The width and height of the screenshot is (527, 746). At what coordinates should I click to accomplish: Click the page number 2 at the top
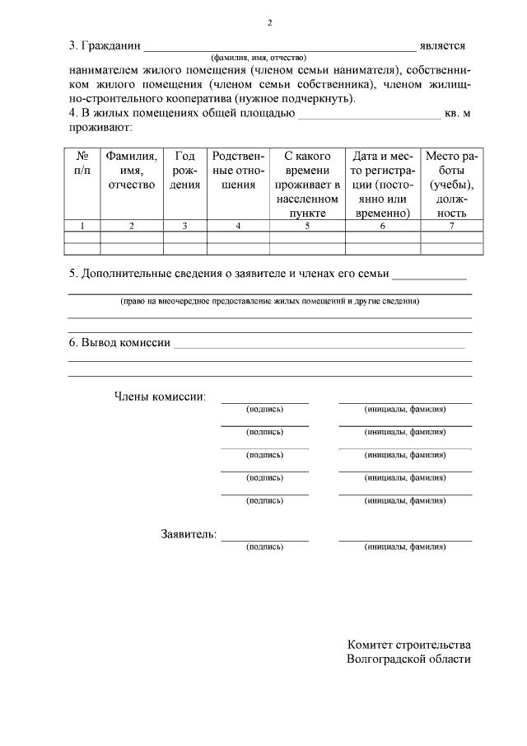269,22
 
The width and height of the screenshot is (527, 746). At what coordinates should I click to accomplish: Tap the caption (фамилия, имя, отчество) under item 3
259,58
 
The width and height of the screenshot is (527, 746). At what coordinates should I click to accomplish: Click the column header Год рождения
184,170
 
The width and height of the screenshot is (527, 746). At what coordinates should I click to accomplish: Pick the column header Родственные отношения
238,170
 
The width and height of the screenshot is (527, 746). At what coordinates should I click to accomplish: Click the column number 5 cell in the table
306,225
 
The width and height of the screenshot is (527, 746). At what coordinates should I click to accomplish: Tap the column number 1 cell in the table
82,225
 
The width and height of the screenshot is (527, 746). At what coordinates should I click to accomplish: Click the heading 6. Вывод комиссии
119,343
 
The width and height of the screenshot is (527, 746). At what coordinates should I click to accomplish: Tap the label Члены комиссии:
159,396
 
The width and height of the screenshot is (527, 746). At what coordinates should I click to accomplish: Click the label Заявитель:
189,534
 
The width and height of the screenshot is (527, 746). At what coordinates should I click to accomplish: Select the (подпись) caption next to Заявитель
264,547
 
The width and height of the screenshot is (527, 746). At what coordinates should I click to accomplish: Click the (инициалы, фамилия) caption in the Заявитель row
405,547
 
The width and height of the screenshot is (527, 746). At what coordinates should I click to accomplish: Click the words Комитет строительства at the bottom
409,645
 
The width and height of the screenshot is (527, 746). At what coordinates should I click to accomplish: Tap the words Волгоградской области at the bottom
409,659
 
